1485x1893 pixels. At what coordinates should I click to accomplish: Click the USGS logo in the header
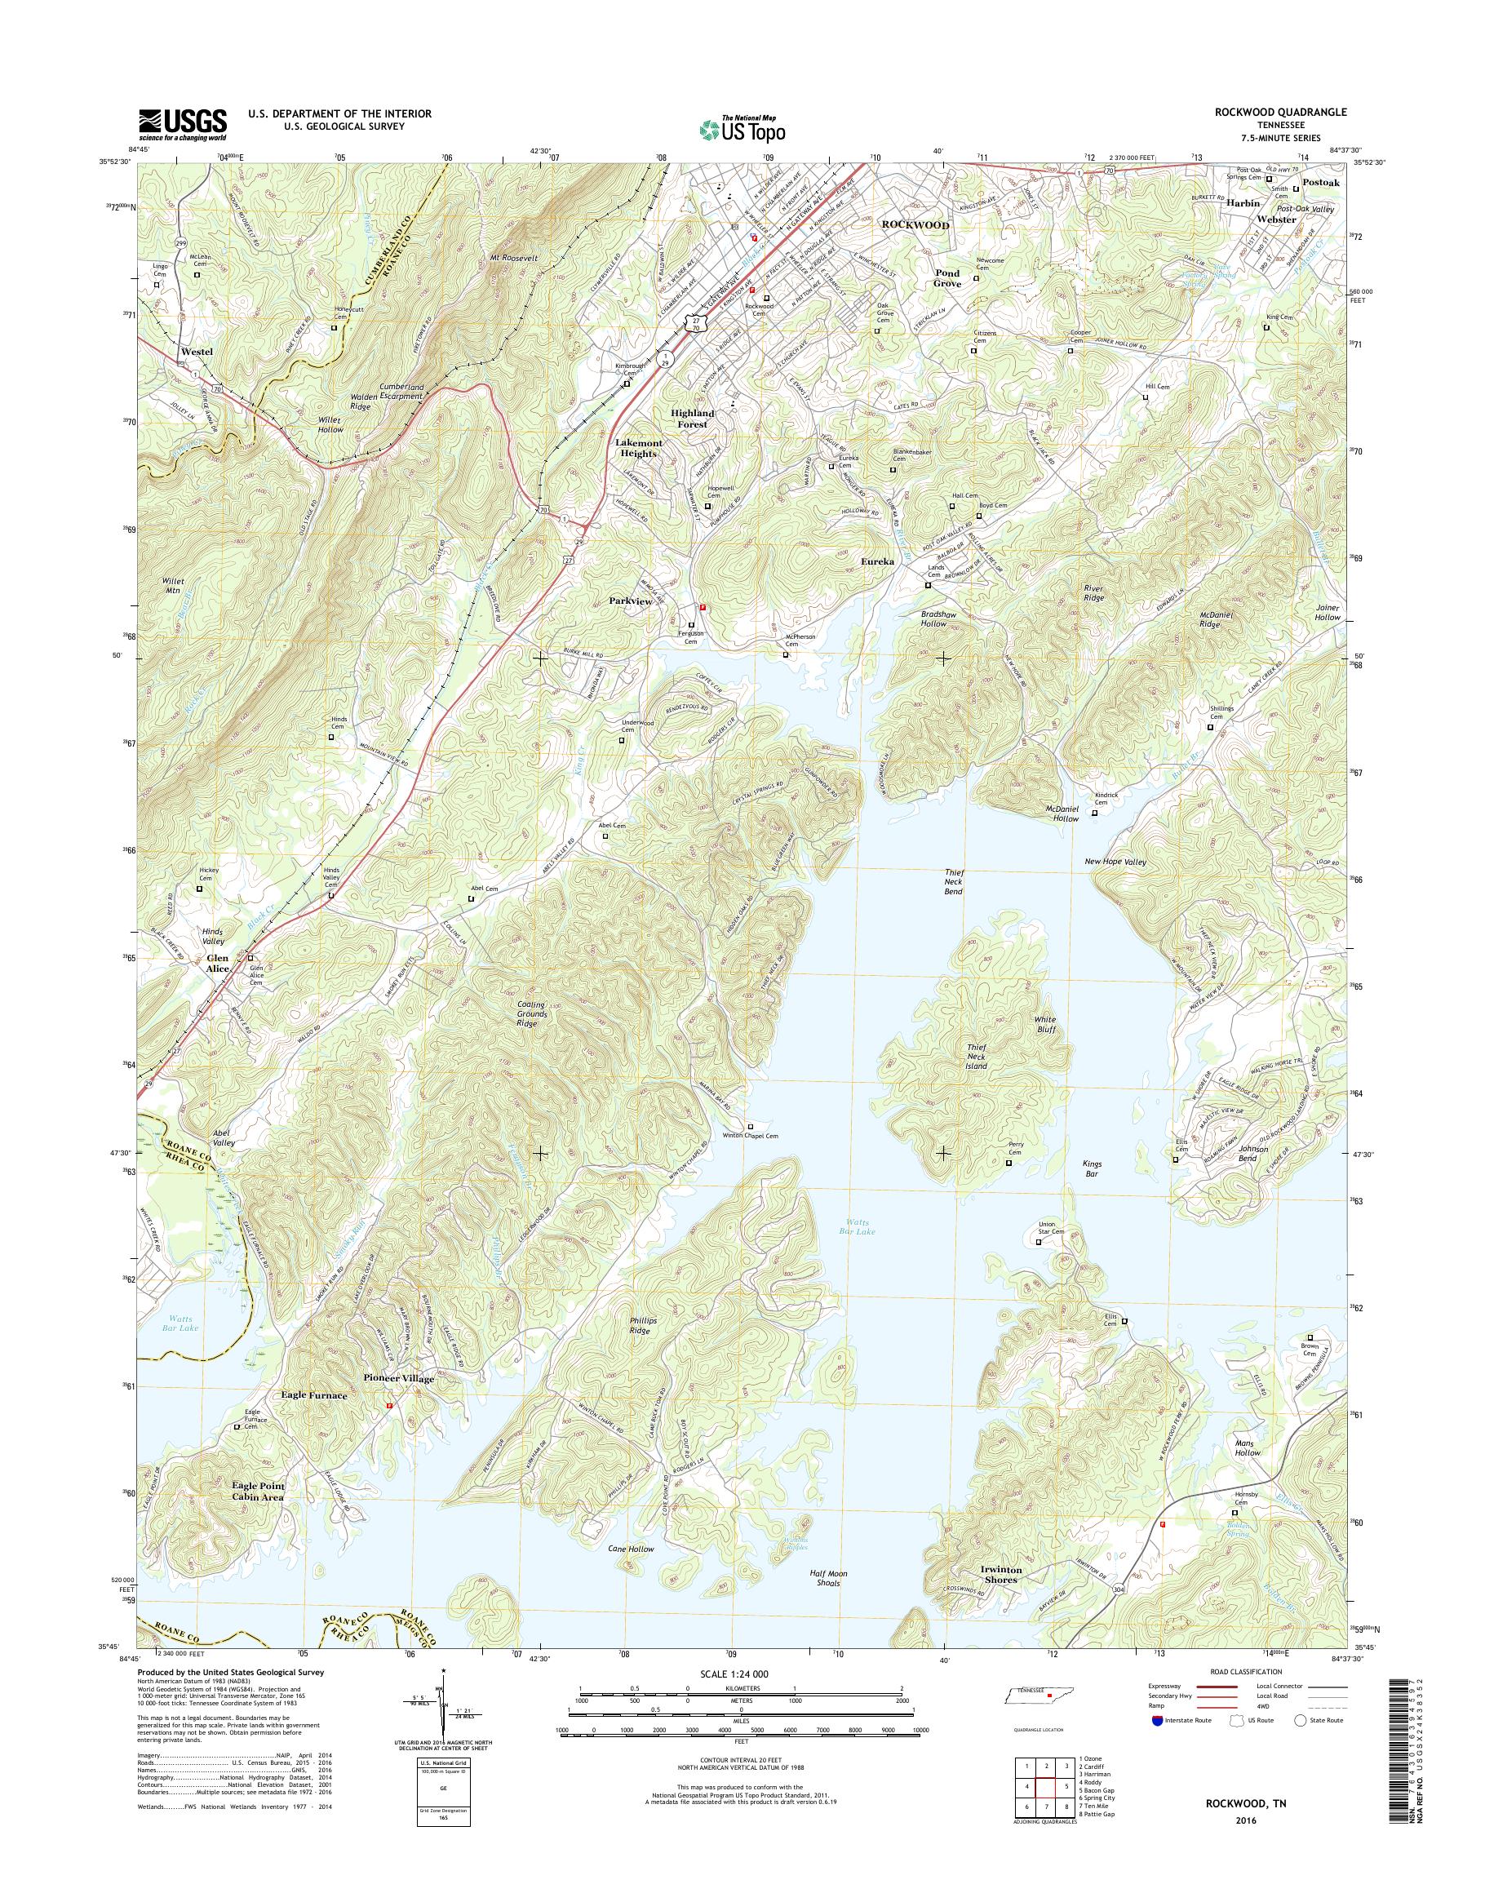[x=183, y=124]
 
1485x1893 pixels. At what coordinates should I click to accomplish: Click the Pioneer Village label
[x=398, y=1379]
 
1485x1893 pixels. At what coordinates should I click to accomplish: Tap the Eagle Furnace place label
[x=314, y=1395]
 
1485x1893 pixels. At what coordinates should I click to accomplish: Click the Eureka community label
[x=876, y=561]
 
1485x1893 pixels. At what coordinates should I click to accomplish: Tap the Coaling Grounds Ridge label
[x=528, y=1013]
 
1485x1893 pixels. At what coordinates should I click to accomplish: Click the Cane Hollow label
[x=631, y=1549]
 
